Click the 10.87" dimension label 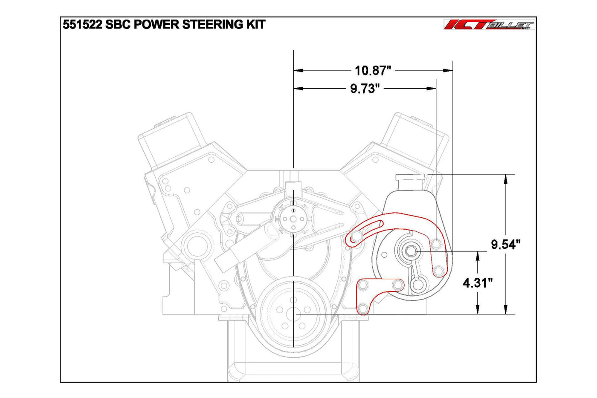[x=373, y=70]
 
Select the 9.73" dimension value [x=365, y=89]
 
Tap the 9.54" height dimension [x=506, y=245]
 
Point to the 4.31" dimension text [x=478, y=283]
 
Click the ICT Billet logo [x=489, y=25]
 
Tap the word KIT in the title [x=255, y=24]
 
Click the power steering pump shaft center [x=412, y=251]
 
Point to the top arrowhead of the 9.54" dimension [x=506, y=179]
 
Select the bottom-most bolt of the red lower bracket [x=362, y=308]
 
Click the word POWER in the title [x=157, y=24]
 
